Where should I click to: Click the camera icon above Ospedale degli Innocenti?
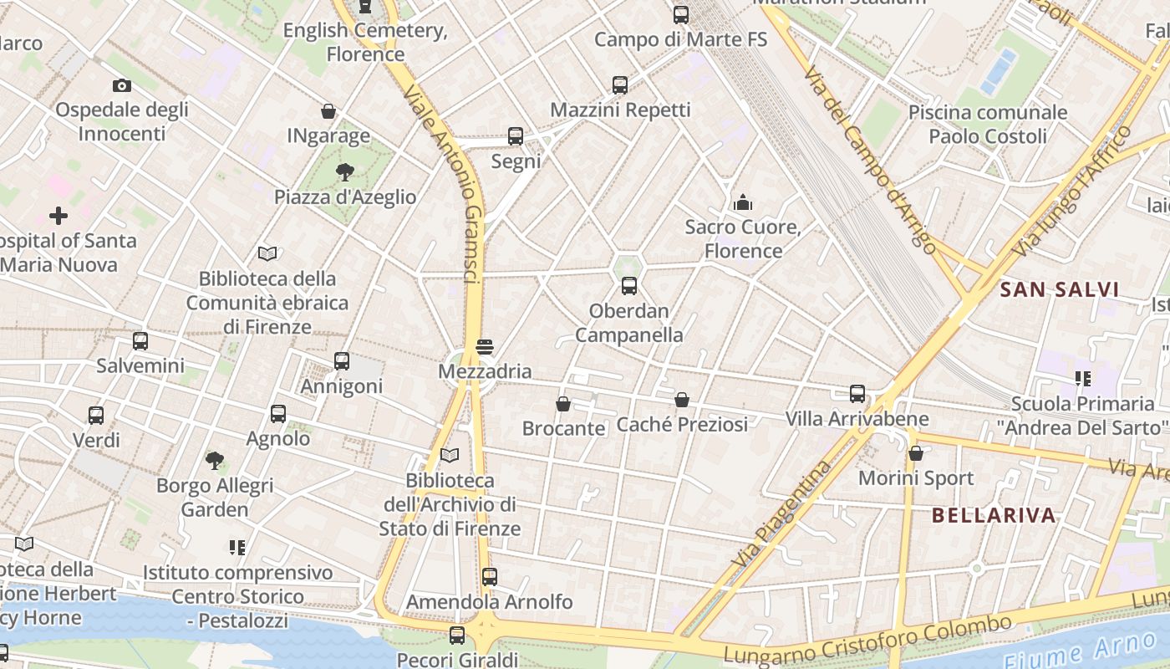point(121,85)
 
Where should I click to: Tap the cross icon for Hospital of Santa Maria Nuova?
point(58,217)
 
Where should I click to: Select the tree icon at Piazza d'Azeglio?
point(344,172)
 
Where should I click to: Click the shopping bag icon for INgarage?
point(328,111)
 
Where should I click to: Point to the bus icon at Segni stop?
point(516,136)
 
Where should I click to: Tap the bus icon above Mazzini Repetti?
point(619,85)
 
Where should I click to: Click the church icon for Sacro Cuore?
point(742,202)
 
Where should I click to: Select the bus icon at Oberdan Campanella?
point(629,286)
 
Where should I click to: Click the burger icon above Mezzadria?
point(485,346)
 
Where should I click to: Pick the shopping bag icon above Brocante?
point(563,404)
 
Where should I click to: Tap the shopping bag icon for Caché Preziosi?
point(682,400)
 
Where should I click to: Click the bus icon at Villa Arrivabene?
point(857,394)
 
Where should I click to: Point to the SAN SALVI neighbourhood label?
point(1059,290)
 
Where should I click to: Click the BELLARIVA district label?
point(994,515)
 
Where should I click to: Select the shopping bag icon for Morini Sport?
point(916,453)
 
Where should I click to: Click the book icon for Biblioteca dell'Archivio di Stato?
point(450,456)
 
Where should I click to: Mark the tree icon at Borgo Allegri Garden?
point(215,460)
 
